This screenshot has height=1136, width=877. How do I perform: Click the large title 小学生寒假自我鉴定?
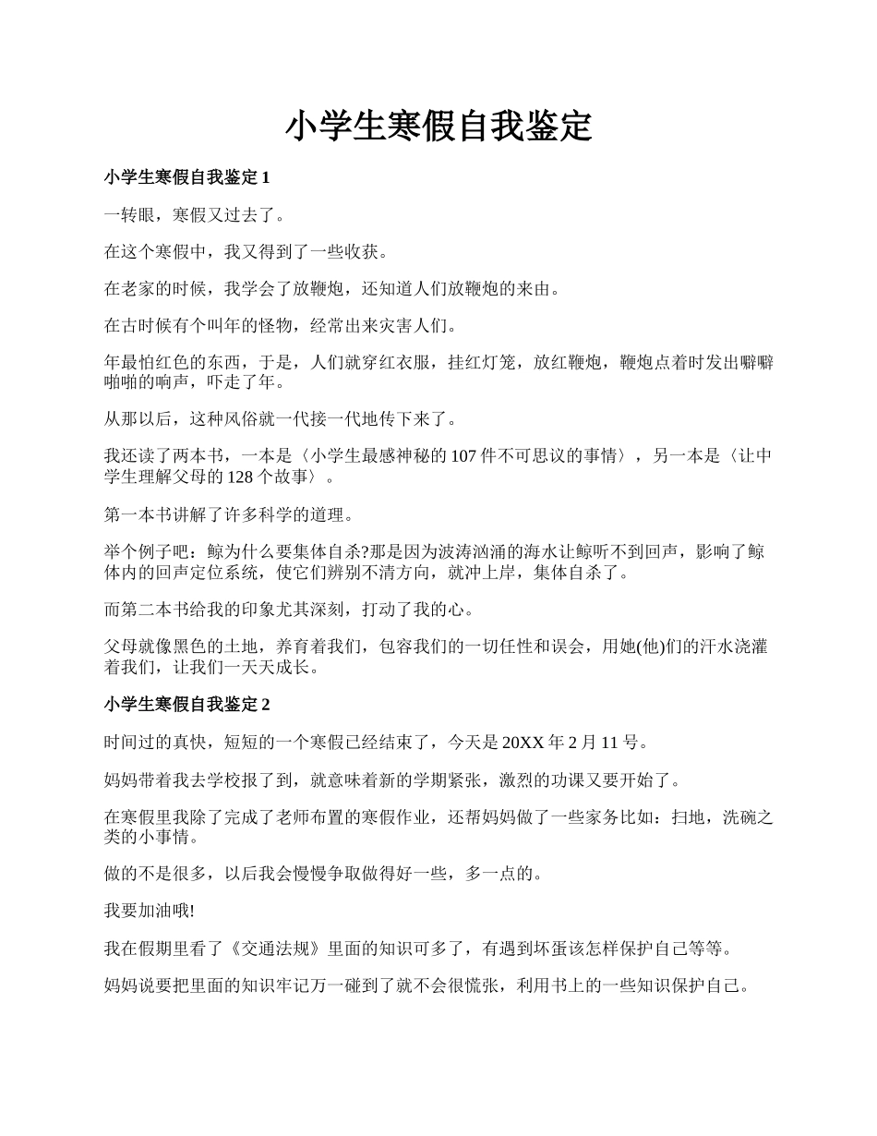438,127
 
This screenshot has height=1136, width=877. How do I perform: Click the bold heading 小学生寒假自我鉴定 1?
186,176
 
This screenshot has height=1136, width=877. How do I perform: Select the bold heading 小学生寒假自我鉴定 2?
186,705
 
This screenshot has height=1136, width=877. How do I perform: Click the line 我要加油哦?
149,911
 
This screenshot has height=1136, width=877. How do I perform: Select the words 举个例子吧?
144,551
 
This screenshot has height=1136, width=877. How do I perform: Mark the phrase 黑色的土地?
213,647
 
